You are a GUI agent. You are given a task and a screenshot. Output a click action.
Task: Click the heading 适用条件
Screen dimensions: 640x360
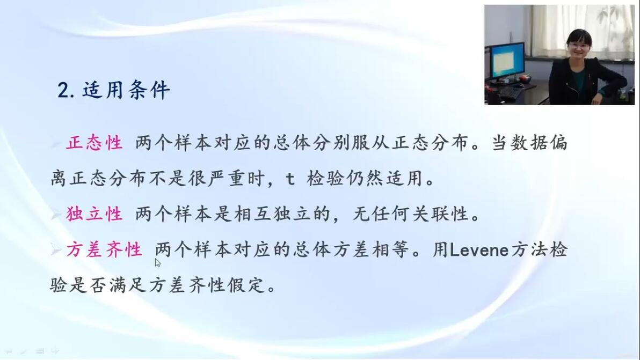click(x=126, y=90)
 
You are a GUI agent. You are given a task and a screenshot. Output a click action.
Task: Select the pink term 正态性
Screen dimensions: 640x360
click(x=94, y=143)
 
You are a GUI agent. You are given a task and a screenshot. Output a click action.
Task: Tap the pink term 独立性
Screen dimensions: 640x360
click(x=94, y=214)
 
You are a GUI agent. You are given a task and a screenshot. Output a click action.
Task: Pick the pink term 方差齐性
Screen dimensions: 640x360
click(x=104, y=249)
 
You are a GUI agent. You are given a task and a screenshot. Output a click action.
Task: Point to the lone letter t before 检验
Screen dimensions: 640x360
click(x=290, y=179)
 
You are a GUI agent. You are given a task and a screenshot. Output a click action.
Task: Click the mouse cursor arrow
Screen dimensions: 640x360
click(x=157, y=262)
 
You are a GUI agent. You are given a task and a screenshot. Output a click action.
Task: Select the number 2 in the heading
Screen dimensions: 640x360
click(x=63, y=90)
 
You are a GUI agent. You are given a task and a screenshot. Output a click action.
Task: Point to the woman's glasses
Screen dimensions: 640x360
click(x=578, y=46)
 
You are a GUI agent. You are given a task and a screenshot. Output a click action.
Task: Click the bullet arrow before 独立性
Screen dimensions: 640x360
click(x=56, y=214)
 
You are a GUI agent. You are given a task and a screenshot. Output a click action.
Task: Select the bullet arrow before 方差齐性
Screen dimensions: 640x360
click(x=56, y=249)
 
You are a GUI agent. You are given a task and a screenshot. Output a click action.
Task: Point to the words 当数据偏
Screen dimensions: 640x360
click(x=529, y=143)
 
